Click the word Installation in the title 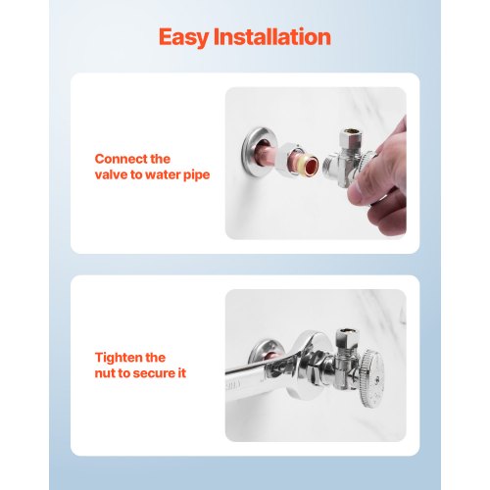click(272, 36)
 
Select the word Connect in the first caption click(121, 159)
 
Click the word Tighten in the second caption click(119, 358)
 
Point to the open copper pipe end click(310, 163)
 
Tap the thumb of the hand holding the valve click(364, 190)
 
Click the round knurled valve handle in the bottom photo click(373, 377)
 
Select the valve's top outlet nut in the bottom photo click(347, 338)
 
